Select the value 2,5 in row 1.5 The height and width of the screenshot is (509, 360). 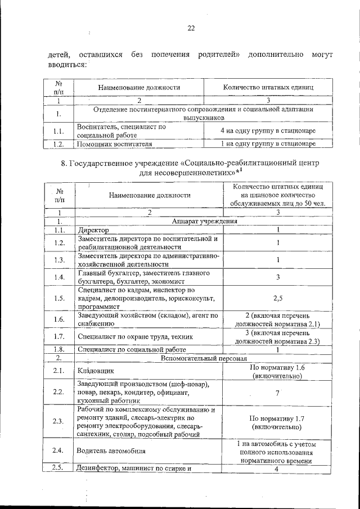277,298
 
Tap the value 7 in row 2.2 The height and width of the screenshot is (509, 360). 277,393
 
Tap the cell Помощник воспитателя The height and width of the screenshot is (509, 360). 115,143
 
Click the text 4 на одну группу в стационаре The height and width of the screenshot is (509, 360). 268,130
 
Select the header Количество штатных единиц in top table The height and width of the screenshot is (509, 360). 268,88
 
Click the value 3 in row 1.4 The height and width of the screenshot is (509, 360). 277,277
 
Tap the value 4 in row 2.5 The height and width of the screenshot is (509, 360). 277,469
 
